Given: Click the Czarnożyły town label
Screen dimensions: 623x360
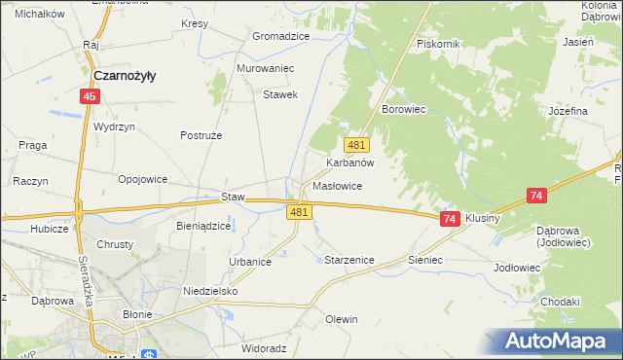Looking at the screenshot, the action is point(127,74).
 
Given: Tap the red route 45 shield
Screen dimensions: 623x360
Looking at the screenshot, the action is point(90,96).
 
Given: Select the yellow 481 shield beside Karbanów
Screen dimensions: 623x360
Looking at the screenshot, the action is point(357,145).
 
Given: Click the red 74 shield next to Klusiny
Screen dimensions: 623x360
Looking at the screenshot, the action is point(449,220).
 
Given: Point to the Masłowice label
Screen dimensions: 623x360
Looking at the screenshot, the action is point(338,186).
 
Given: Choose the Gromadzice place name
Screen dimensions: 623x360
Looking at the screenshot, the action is point(280,36).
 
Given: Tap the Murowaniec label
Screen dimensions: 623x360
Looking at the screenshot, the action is point(265,69).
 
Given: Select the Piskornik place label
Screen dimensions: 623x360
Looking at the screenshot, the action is point(437,44).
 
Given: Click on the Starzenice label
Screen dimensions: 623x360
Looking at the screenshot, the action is point(348,260).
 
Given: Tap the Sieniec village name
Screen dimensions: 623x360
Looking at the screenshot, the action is point(425,260).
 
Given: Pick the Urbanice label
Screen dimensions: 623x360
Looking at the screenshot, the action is point(250,262).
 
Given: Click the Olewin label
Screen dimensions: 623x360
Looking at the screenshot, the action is point(342,319).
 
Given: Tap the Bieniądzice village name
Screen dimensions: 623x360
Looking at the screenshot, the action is point(202,226).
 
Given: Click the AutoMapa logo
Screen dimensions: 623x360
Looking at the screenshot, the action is point(555,341).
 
